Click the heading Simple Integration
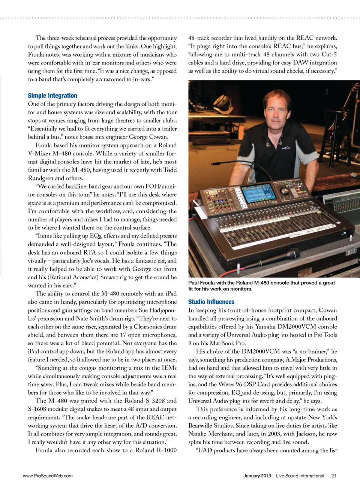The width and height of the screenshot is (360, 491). [x=52, y=96]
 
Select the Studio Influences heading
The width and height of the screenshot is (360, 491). [x=211, y=302]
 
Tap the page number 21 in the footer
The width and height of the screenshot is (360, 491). [x=333, y=476]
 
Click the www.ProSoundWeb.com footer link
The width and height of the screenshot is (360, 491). [x=48, y=476]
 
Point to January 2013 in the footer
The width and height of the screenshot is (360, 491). [x=257, y=476]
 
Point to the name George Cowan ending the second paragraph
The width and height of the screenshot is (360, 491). [x=148, y=137]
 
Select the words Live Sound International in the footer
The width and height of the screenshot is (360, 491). [x=300, y=476]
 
